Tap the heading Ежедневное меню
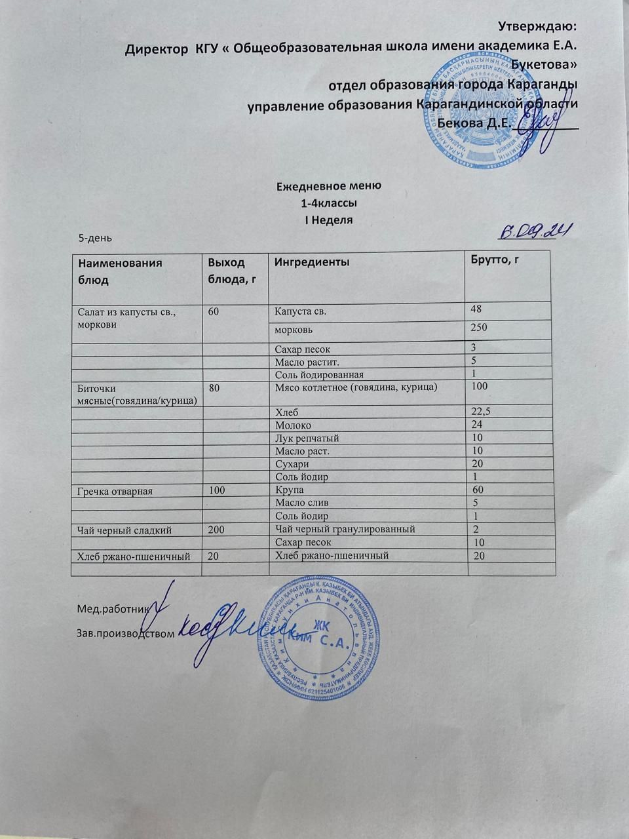(329, 185)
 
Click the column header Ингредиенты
(311, 262)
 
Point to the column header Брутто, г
(495, 260)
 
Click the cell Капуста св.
(301, 311)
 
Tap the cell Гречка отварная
(115, 490)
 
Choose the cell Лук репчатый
(307, 438)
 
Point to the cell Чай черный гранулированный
(345, 529)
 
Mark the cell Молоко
(293, 425)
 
